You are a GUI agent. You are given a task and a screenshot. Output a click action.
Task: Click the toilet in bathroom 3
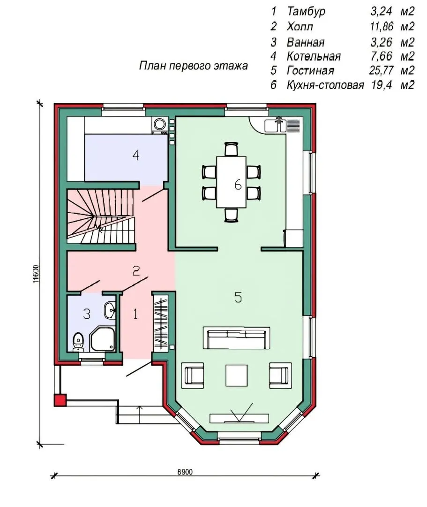(x=78, y=342)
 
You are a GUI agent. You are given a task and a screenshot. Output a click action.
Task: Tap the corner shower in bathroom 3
(x=103, y=338)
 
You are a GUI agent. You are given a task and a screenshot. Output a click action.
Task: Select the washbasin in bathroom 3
(x=109, y=310)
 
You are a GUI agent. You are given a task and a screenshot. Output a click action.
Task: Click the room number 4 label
(x=136, y=155)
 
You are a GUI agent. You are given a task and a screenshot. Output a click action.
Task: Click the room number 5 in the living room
(x=238, y=297)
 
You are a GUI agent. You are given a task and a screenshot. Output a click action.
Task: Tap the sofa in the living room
(x=236, y=338)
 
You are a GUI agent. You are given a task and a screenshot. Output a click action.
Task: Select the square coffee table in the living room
(x=237, y=375)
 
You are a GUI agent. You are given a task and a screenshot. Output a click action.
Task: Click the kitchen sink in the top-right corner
(x=275, y=125)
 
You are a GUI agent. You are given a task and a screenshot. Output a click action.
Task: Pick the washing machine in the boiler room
(x=159, y=125)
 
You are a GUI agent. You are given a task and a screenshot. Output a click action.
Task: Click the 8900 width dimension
(x=185, y=472)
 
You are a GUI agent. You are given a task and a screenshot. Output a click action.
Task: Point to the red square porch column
(x=60, y=400)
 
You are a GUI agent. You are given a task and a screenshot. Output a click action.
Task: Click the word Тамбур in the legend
(x=306, y=11)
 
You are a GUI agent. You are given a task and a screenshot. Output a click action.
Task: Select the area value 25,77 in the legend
(x=381, y=70)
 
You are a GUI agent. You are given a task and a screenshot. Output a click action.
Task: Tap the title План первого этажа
(x=193, y=66)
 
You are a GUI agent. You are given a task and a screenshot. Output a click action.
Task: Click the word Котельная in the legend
(x=314, y=56)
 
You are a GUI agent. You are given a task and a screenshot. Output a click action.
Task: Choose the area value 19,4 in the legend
(x=382, y=84)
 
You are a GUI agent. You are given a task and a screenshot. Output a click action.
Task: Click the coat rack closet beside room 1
(x=161, y=322)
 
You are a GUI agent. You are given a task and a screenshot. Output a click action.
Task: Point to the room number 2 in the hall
(x=136, y=271)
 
